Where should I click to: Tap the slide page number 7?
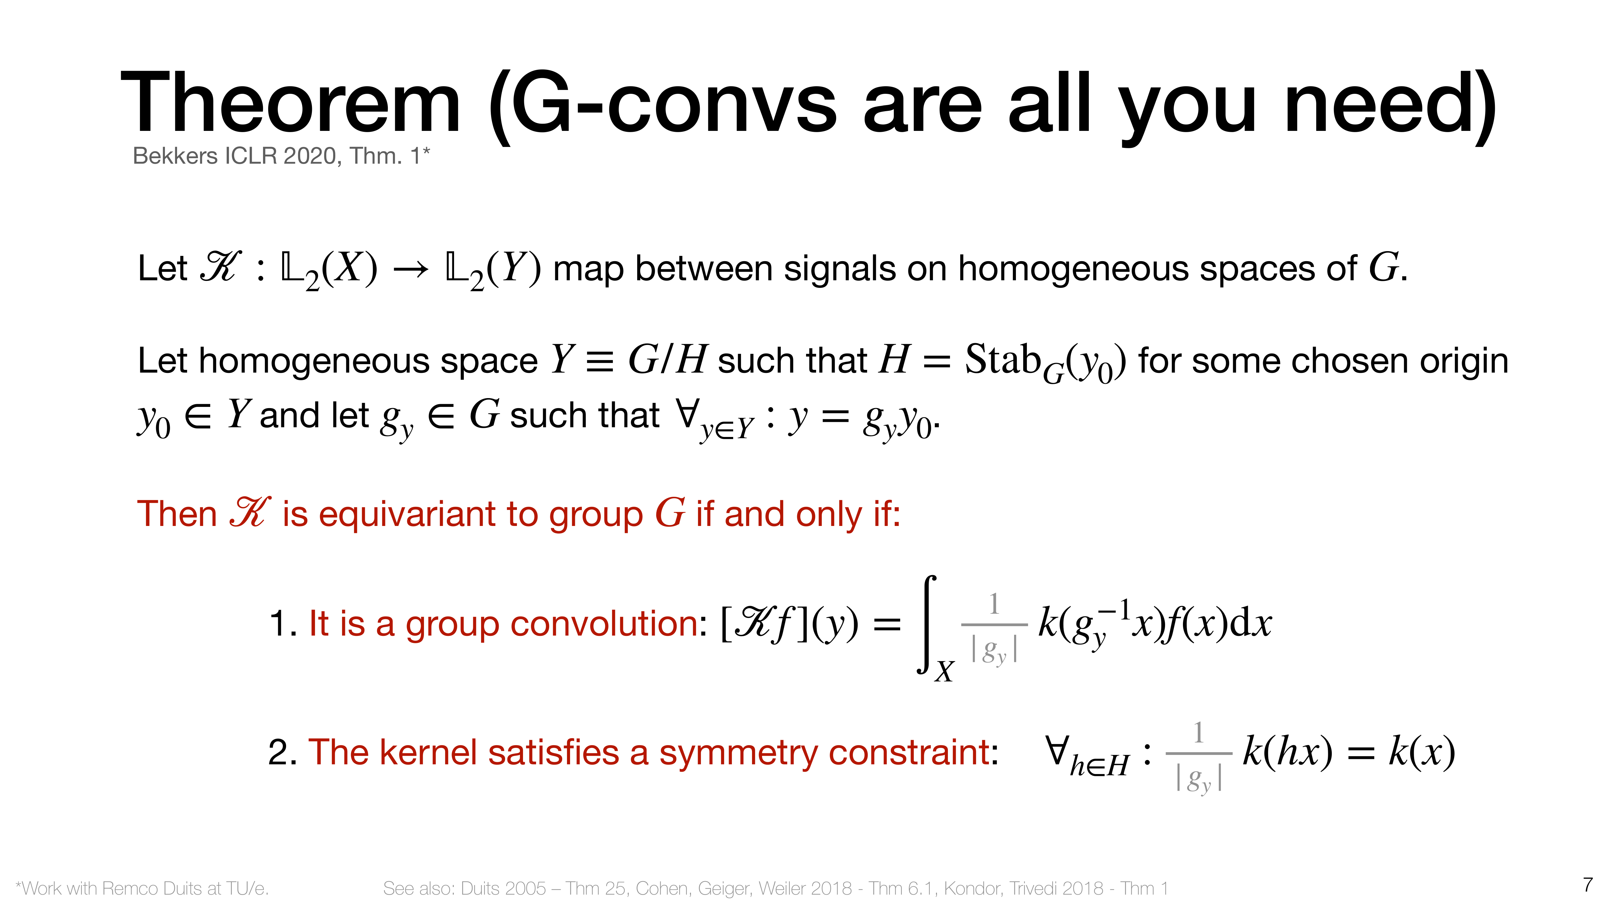[x=1588, y=885]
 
